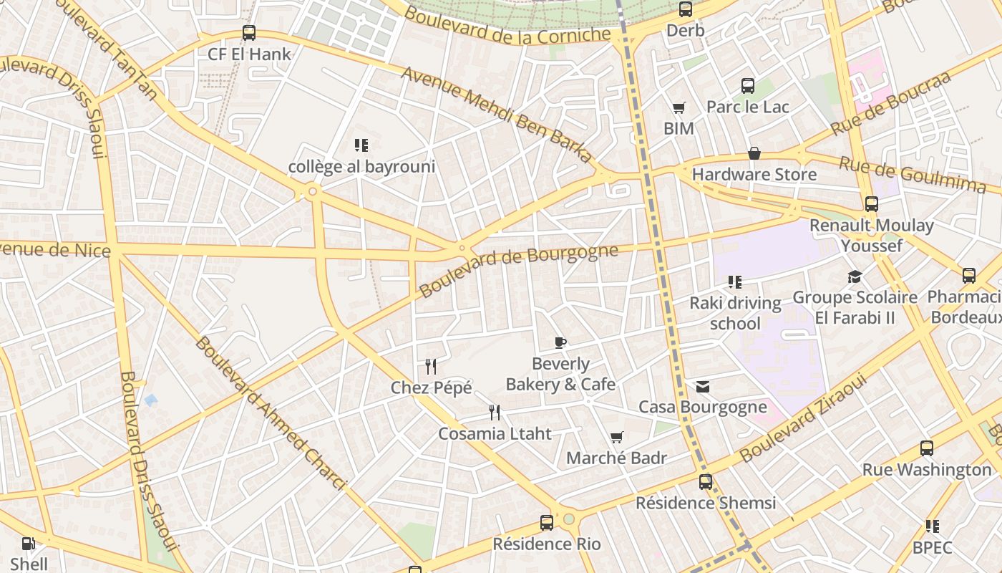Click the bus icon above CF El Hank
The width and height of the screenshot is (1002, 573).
coord(248,33)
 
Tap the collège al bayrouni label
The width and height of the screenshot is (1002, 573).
coord(361,167)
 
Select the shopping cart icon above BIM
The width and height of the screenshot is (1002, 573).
coord(678,108)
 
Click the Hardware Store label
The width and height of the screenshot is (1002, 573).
coord(754,174)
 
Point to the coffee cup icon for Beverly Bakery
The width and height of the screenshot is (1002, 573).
coord(560,342)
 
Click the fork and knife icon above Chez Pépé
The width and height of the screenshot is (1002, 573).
coord(431,367)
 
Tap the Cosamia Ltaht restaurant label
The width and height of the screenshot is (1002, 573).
coord(495,433)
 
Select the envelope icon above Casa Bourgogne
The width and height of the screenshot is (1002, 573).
coord(703,387)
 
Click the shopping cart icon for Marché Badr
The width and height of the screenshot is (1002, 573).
coord(616,437)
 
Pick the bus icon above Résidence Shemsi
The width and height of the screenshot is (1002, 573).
coord(706,482)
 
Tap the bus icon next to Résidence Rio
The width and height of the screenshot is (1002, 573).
coord(547,523)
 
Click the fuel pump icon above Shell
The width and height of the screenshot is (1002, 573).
coord(29,544)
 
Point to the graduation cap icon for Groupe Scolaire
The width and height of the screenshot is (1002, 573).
coord(855,277)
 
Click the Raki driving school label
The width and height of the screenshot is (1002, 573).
coord(735,313)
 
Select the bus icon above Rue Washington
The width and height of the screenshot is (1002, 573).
coord(927,449)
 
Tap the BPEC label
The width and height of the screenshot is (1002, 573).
coord(932,548)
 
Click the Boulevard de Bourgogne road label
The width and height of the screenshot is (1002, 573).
coord(518,271)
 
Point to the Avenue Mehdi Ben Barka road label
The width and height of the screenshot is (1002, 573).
coord(497,115)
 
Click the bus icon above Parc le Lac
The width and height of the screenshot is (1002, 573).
coord(748,86)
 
